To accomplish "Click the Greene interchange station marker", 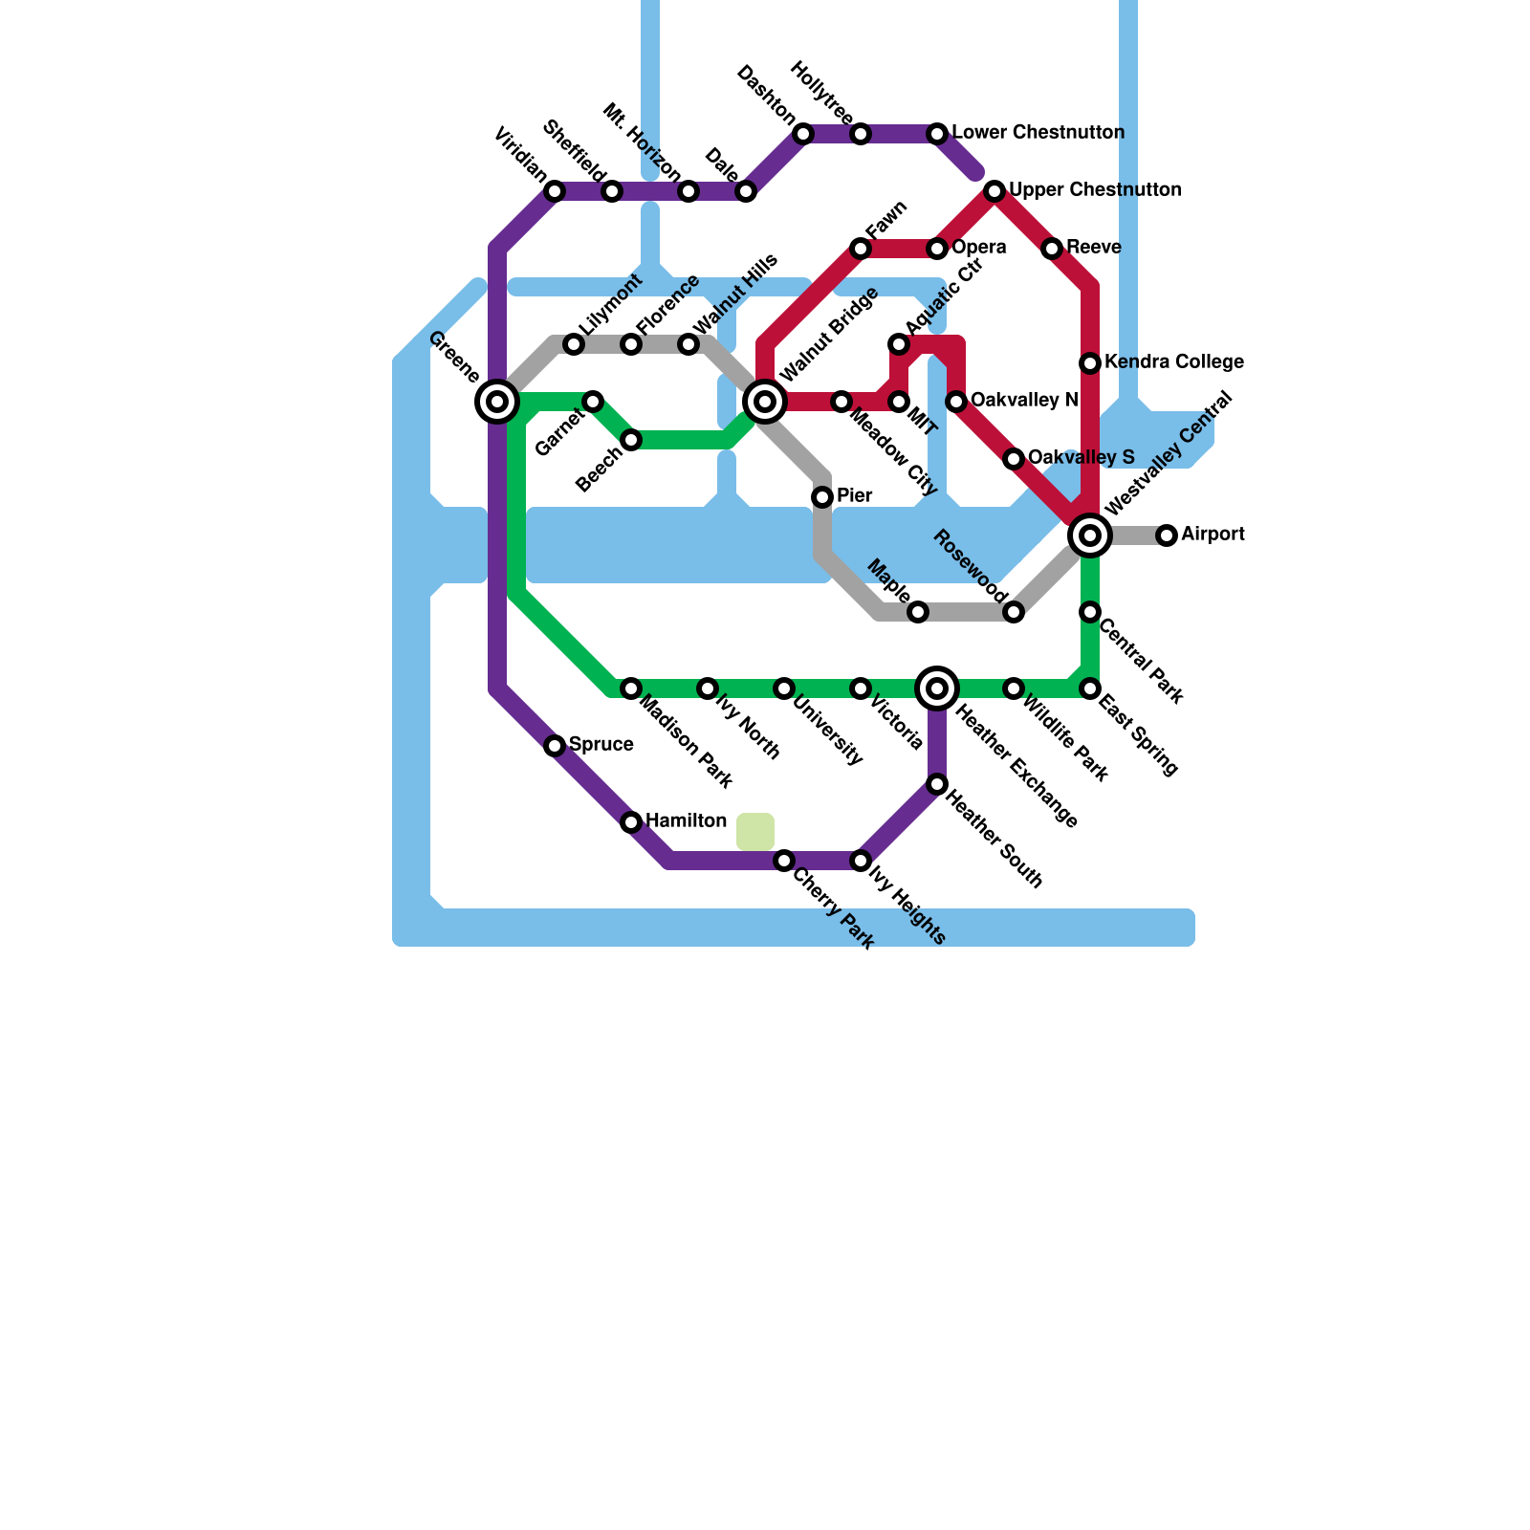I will [497, 402].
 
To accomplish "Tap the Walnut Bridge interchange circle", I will [765, 402].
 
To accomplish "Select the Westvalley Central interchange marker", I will [1090, 535].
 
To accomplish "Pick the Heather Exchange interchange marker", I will [937, 688].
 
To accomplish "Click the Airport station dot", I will [1167, 535].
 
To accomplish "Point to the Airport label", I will [1213, 535].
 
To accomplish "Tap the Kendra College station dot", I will [1090, 363].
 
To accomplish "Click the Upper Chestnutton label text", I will [1095, 190].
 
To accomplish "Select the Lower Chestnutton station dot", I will [937, 134].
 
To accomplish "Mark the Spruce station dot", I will [555, 746].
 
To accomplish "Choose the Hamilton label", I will [686, 821].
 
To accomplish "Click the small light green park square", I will [755, 832].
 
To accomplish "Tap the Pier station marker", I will [822, 497].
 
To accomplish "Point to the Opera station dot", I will [937, 249].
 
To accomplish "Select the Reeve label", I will [1093, 248].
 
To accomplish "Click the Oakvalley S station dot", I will [1014, 459].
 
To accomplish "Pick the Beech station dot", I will [631, 440].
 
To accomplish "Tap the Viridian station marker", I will [555, 191].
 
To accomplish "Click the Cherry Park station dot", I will [784, 861].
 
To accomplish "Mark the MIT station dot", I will [899, 402].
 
